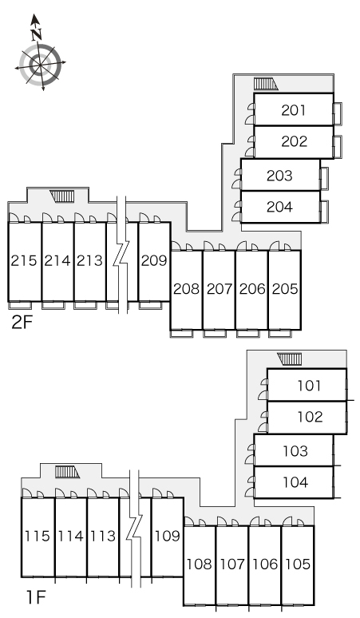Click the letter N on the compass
click(37, 34)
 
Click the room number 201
click(294, 110)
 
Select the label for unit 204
click(279, 207)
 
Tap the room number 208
click(186, 289)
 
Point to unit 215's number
click(24, 260)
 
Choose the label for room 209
click(154, 260)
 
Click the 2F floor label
click(22, 323)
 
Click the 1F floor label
click(36, 597)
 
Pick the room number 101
click(309, 386)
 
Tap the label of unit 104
click(295, 482)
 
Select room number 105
click(298, 565)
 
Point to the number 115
click(38, 536)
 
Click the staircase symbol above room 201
click(266, 84)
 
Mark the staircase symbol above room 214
click(61, 196)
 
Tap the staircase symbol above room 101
click(290, 359)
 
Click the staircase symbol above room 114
click(67, 472)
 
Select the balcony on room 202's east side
click(338, 147)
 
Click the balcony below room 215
click(20, 305)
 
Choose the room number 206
click(252, 289)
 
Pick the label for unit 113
click(103, 536)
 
